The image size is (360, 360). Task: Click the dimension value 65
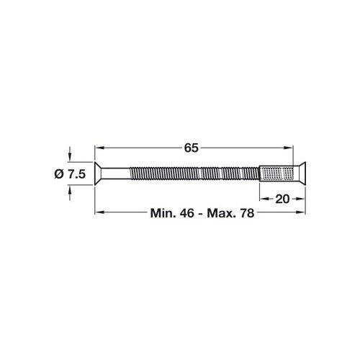pos(191,148)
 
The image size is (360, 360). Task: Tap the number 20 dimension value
pos(282,198)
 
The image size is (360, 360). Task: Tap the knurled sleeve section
pos(277,174)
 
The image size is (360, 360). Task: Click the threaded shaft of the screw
pos(191,174)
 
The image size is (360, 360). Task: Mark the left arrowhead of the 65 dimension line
pos(100,148)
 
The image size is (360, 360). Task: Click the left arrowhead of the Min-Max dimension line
pos(100,212)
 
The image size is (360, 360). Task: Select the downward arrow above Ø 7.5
pos(70,158)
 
